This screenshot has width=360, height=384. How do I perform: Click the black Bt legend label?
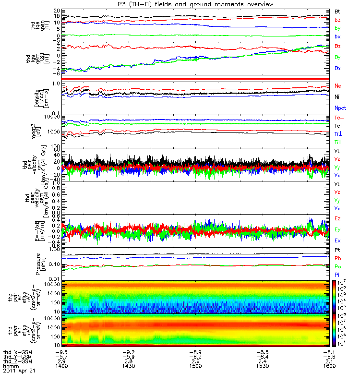(x=337, y=11)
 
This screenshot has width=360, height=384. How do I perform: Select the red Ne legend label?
(x=338, y=85)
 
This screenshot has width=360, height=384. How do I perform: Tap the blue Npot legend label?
(x=340, y=108)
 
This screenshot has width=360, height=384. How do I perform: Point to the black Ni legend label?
(x=337, y=97)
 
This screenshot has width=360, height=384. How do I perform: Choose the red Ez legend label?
(x=338, y=219)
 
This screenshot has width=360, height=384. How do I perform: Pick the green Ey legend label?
(x=338, y=229)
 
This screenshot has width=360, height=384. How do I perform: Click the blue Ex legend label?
(x=338, y=240)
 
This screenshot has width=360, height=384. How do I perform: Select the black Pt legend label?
(x=337, y=251)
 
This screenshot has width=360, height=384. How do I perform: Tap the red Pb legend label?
(x=338, y=258)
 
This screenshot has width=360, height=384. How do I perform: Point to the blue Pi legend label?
(x=337, y=274)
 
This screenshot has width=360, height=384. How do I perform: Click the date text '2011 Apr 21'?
(x=19, y=371)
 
